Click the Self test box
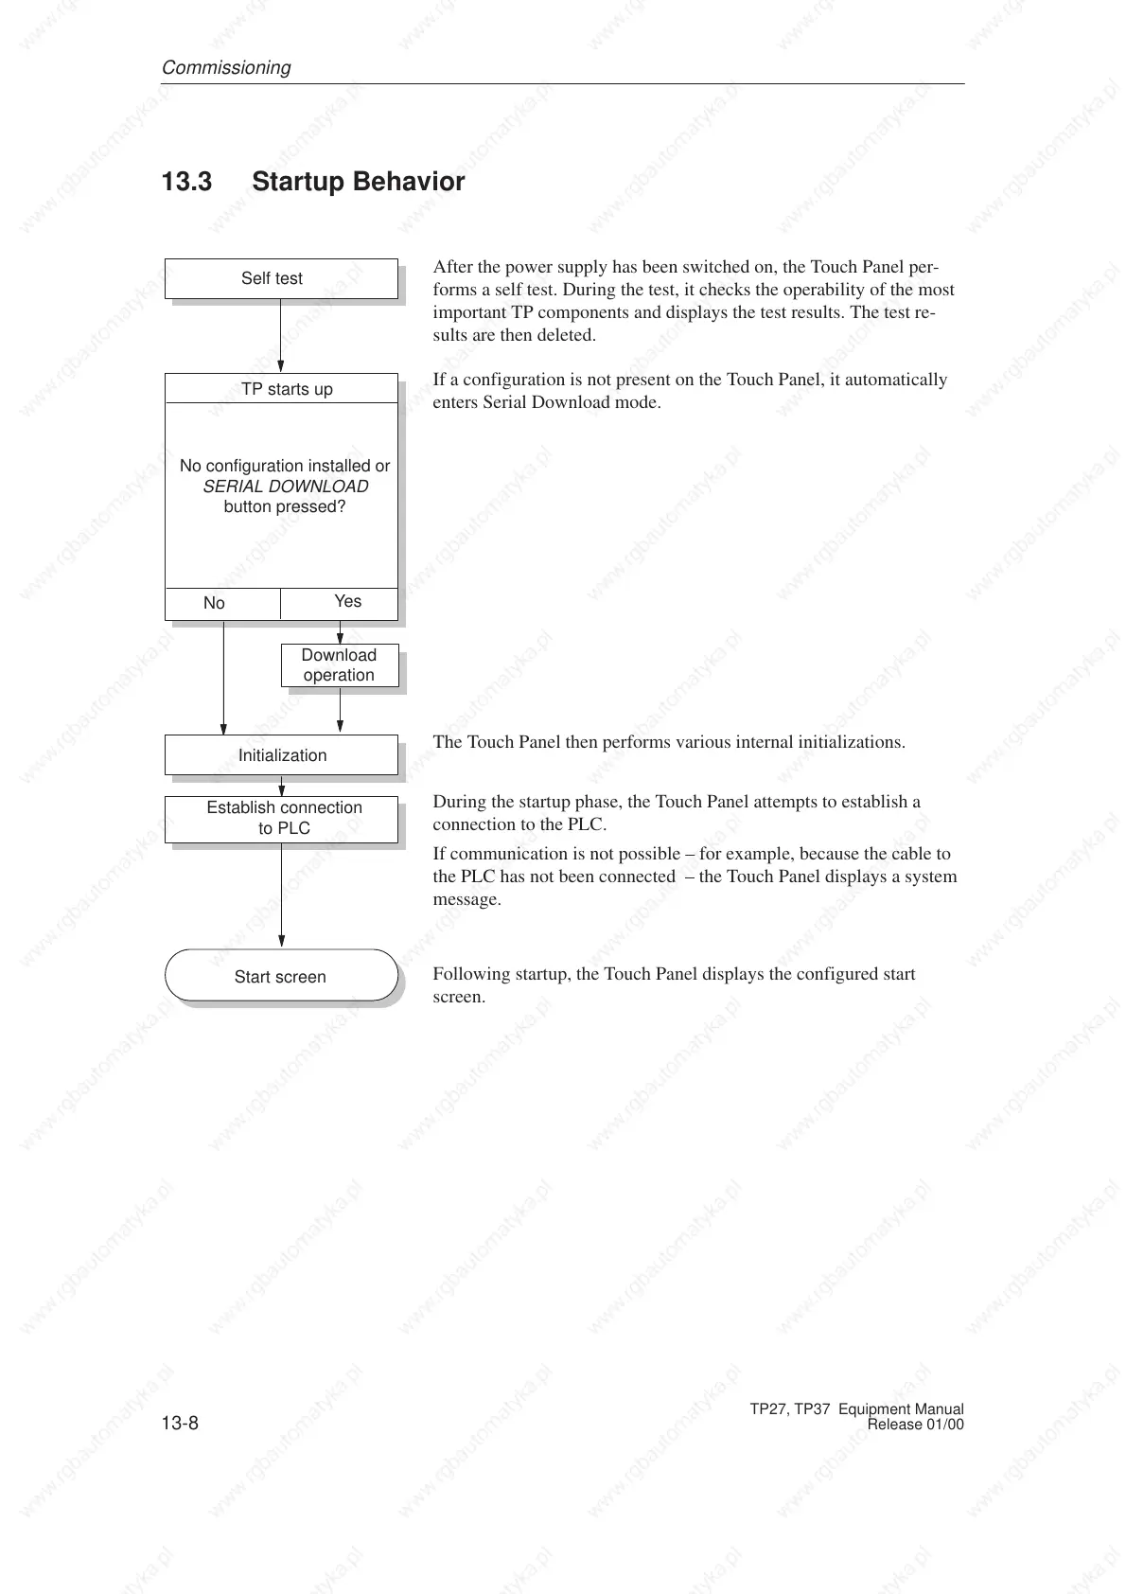pyautogui.click(x=281, y=278)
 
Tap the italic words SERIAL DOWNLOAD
pyautogui.click(x=286, y=487)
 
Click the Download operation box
pyautogui.click(x=339, y=665)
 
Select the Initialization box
pyautogui.click(x=281, y=755)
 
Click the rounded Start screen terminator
pyautogui.click(x=281, y=976)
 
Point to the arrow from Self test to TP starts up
pyautogui.click(x=281, y=336)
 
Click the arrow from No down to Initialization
pyautogui.click(x=223, y=677)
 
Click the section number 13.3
pyautogui.click(x=186, y=182)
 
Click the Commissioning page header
pyautogui.click(x=226, y=68)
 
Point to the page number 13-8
pyautogui.click(x=180, y=1425)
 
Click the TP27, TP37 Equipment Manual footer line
pyautogui.click(x=856, y=1409)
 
